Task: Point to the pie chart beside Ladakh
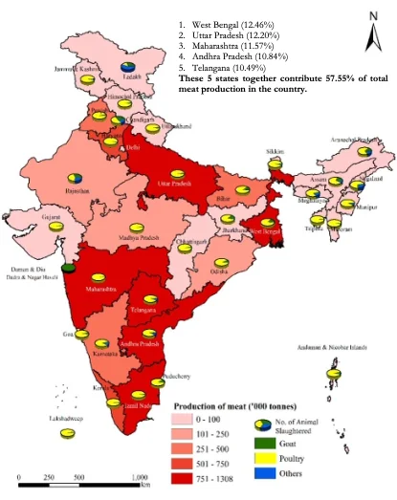130,66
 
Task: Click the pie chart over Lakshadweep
67,433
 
